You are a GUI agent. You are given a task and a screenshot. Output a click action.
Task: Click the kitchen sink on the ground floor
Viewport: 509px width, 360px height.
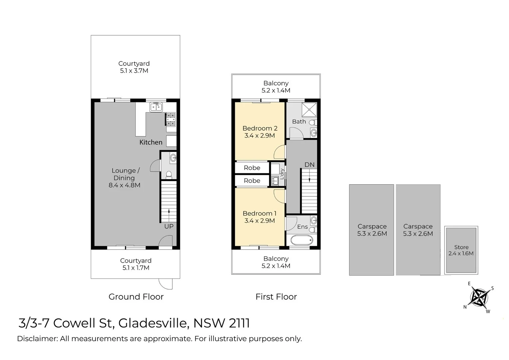point(156,107)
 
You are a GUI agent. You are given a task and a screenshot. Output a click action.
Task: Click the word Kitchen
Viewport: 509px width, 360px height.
point(151,142)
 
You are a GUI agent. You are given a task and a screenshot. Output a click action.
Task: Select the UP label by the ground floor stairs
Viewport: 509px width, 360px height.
point(169,226)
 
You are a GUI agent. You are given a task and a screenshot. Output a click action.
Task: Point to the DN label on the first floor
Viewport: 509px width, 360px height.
point(309,165)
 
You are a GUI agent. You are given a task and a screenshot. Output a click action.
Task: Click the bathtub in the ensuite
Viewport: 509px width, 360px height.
point(302,240)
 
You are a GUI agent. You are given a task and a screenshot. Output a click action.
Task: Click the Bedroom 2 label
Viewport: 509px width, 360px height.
point(260,128)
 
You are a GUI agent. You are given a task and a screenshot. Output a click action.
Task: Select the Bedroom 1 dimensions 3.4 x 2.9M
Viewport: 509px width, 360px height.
point(259,221)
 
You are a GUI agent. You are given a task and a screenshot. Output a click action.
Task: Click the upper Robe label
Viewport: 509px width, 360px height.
point(252,168)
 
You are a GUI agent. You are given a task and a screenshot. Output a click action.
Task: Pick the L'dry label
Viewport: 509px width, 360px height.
point(282,174)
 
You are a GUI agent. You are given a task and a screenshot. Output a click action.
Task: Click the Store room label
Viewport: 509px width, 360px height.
point(461,247)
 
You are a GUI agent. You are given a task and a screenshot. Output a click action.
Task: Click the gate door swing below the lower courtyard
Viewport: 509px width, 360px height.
point(166,284)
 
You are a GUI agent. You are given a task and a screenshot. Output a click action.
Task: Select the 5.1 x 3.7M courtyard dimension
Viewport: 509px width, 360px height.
point(134,71)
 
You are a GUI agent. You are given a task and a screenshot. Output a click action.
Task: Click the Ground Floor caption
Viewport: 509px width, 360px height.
point(136,297)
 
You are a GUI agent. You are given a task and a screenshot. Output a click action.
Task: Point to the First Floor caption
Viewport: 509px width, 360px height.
point(276,297)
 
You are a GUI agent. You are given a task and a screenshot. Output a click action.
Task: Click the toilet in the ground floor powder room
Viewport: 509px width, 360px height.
point(169,174)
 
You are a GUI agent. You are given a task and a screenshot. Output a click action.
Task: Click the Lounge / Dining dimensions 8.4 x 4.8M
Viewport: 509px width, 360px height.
point(124,185)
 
